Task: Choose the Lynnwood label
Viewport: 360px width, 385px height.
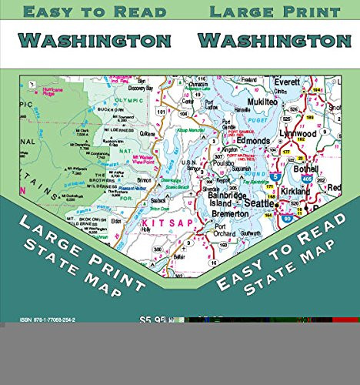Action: coord(297,133)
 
